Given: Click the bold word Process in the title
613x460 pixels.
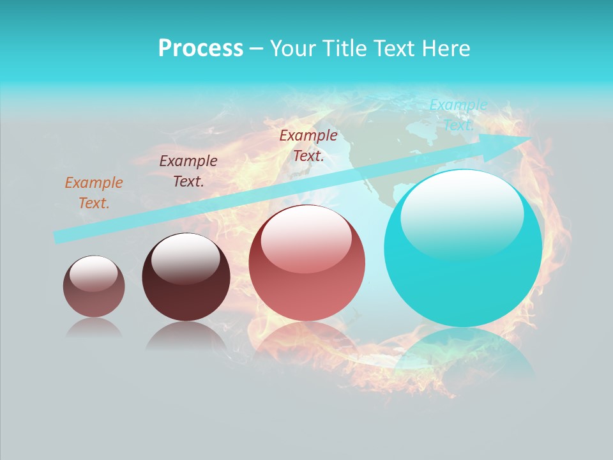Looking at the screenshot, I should point(201,49).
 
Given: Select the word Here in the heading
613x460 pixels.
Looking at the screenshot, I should point(446,49).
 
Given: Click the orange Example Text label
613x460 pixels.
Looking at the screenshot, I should point(94,193).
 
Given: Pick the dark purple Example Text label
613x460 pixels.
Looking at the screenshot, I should point(188,171).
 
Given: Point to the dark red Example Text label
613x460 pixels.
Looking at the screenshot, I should point(308,145).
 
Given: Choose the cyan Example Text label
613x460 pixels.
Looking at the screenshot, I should point(458,115).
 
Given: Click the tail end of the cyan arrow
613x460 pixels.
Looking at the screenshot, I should point(57,236).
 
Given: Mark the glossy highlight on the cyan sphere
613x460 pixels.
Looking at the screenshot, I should point(462,214).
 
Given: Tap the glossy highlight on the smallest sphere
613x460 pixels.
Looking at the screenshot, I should point(93,273).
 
